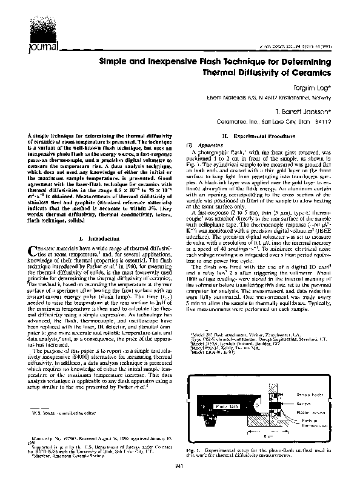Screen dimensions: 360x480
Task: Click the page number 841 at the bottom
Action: click(179, 465)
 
